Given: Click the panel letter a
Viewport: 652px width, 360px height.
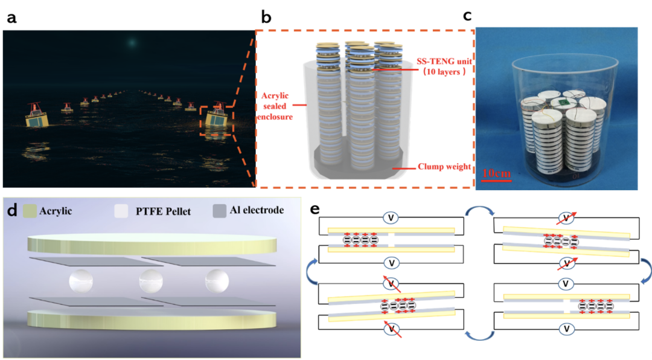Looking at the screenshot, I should click(11, 18).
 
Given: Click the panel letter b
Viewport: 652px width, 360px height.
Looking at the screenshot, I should click(266, 18).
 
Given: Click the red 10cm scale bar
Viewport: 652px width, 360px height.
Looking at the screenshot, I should click(496, 179).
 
